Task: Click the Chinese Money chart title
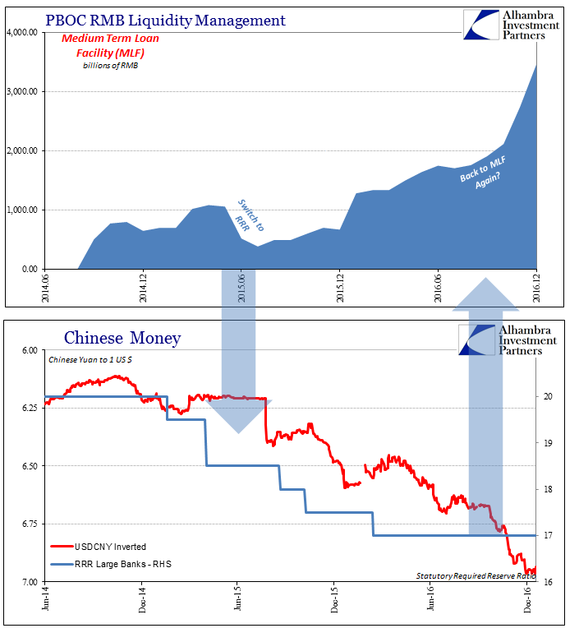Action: pyautogui.click(x=122, y=337)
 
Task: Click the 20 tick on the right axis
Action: pyautogui.click(x=547, y=396)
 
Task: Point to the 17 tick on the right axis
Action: pyautogui.click(x=547, y=536)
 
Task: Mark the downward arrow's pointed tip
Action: pyautogui.click(x=238, y=432)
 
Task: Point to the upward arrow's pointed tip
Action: pyautogui.click(x=485, y=279)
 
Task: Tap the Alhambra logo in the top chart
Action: pyautogui.click(x=485, y=25)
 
